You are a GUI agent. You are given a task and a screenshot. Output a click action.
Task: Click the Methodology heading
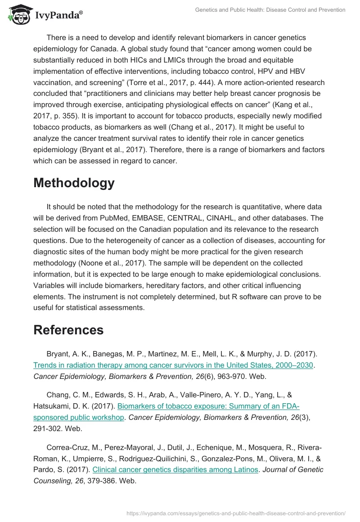click(x=74, y=183)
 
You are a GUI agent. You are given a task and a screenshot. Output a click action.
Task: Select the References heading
click(x=68, y=330)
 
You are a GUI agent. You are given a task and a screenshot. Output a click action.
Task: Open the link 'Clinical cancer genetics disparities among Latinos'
click(x=175, y=470)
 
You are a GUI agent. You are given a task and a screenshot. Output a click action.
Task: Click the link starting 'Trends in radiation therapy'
click(x=173, y=365)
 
